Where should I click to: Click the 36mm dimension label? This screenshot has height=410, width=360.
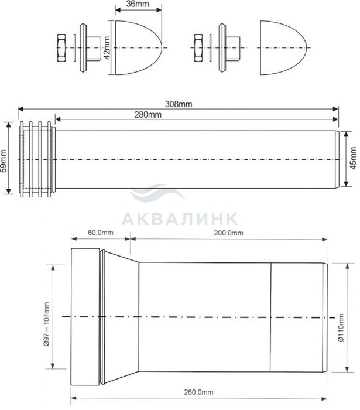(x=138, y=4)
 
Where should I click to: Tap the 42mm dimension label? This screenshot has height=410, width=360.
(x=107, y=48)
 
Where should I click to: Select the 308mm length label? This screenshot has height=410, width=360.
(x=179, y=104)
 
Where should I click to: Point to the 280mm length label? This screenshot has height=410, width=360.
(x=148, y=115)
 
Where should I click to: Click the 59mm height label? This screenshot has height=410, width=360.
(x=4, y=160)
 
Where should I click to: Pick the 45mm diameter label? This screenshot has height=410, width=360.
(x=353, y=158)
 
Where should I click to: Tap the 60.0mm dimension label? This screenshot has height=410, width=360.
(x=101, y=233)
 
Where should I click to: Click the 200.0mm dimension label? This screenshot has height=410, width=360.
(x=229, y=233)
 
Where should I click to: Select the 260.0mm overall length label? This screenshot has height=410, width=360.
(x=198, y=392)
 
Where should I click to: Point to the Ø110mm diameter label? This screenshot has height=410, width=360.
(x=341, y=328)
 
